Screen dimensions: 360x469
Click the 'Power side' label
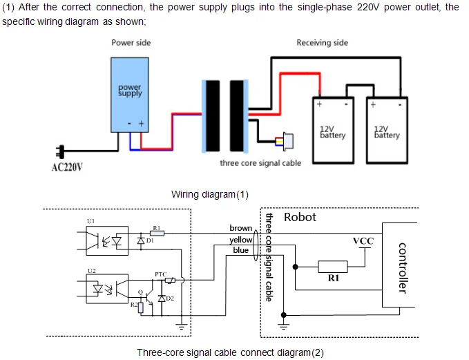click(131, 43)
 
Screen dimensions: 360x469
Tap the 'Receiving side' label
click(322, 43)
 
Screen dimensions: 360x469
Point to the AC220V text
click(68, 167)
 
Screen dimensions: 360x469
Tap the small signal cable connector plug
click(285, 142)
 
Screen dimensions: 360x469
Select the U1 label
click(91, 221)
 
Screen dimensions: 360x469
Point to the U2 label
click(91, 270)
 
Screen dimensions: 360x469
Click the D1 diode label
click(150, 240)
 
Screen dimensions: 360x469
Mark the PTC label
click(160, 274)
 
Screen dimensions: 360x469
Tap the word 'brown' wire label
click(241, 228)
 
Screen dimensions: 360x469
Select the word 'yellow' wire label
click(241, 239)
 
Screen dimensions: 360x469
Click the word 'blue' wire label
click(240, 250)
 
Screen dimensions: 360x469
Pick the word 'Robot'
click(300, 217)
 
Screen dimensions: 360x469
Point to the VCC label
click(363, 240)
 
